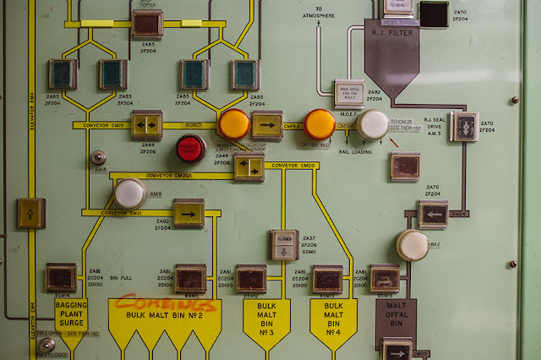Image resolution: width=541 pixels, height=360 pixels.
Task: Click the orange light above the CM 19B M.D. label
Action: [320, 123]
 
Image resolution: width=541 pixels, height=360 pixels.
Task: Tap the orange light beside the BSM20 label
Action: [233, 123]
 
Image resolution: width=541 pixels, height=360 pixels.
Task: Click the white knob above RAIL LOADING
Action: [373, 124]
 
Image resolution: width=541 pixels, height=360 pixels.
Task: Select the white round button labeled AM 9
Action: [129, 194]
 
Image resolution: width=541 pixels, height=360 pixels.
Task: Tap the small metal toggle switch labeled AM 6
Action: [99, 157]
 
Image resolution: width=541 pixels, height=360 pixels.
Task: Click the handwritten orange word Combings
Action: [166, 303]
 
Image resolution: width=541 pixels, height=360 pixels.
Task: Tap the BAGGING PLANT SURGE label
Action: [71, 314]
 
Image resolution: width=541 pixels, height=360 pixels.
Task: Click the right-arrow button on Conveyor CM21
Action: [189, 213]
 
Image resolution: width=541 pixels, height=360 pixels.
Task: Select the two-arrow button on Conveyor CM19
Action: [146, 124]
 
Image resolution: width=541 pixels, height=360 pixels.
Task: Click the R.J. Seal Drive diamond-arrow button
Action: [463, 126]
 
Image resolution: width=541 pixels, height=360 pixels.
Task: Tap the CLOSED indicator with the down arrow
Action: [284, 244]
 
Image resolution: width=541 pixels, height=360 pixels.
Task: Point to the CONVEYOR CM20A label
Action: [169, 176]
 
